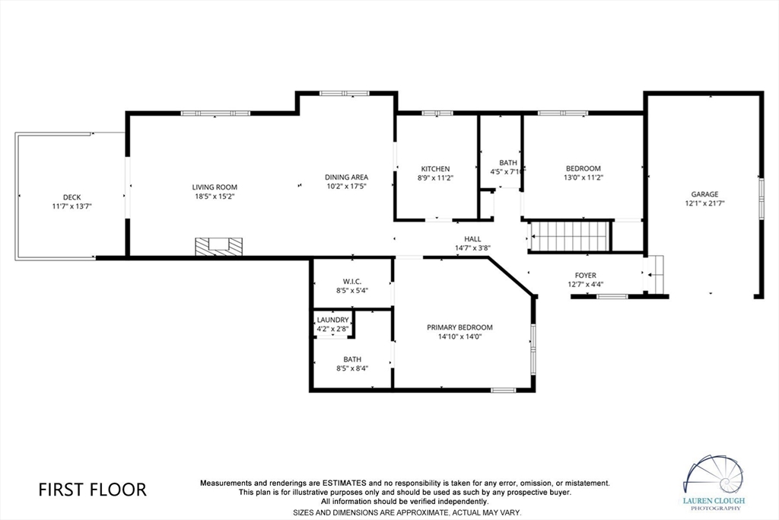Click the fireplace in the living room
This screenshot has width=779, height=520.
pos(219,246)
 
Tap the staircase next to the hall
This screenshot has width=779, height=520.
pos(571,236)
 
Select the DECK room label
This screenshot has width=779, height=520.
pos(72,197)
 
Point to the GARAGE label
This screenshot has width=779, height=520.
pos(704,194)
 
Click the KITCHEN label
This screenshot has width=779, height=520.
pos(436,169)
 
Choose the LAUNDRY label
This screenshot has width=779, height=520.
pos(332,320)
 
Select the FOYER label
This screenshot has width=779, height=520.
pos(585,276)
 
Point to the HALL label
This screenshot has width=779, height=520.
pos(472,238)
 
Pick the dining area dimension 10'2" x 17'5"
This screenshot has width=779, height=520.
pos(346,186)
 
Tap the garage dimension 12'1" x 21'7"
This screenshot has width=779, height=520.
pos(704,203)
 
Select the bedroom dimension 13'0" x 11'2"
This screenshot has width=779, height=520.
pos(583,177)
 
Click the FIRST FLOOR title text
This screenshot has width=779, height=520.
pos(92,489)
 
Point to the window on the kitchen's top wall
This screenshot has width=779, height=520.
pos(437,113)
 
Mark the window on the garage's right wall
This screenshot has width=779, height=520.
pos(760,200)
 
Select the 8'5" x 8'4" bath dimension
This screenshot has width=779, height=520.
pos(351,368)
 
